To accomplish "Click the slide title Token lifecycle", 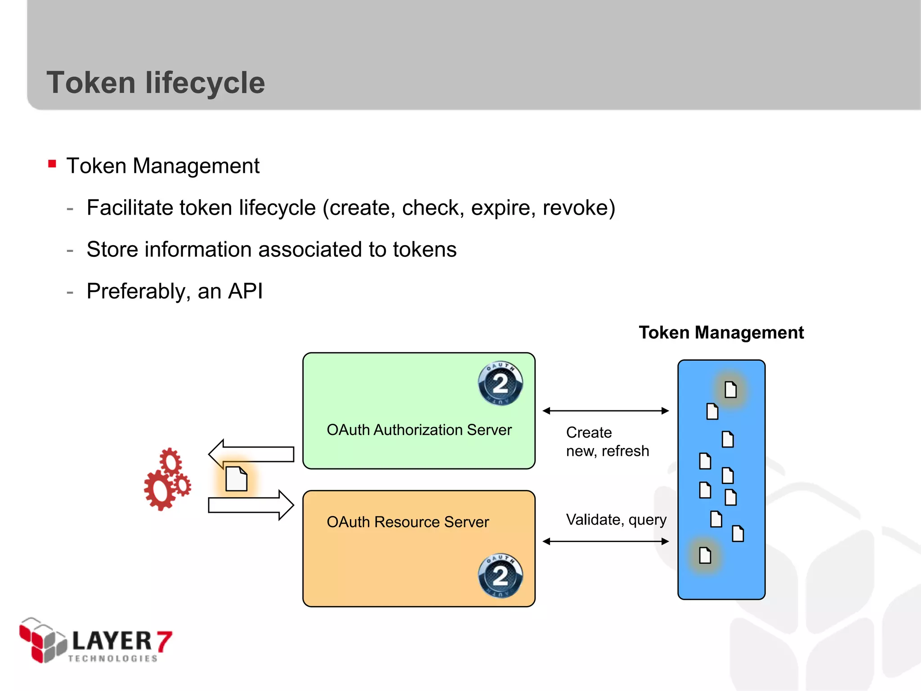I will [x=156, y=83].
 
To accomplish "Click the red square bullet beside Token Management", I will [x=52, y=164].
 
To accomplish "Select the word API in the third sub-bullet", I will [x=245, y=291].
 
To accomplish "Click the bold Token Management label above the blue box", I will [x=721, y=332].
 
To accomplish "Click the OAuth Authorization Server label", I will [x=419, y=430].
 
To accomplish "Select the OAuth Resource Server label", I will [x=407, y=522].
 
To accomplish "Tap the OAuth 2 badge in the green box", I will [x=500, y=383].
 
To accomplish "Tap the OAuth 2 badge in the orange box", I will [x=500, y=575].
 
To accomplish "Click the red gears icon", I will [x=167, y=480].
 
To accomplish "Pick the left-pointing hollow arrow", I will [x=251, y=454].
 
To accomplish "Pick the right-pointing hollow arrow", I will [x=251, y=505].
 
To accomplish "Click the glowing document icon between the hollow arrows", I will [x=236, y=479].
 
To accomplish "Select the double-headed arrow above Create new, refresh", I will [x=605, y=410].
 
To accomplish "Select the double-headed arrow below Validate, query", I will [x=605, y=541].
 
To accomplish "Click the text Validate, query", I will [x=616, y=520].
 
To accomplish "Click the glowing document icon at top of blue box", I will [x=730, y=389].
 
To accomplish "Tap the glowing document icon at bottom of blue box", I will [x=705, y=555].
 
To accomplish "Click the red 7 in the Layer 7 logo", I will [x=164, y=641].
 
